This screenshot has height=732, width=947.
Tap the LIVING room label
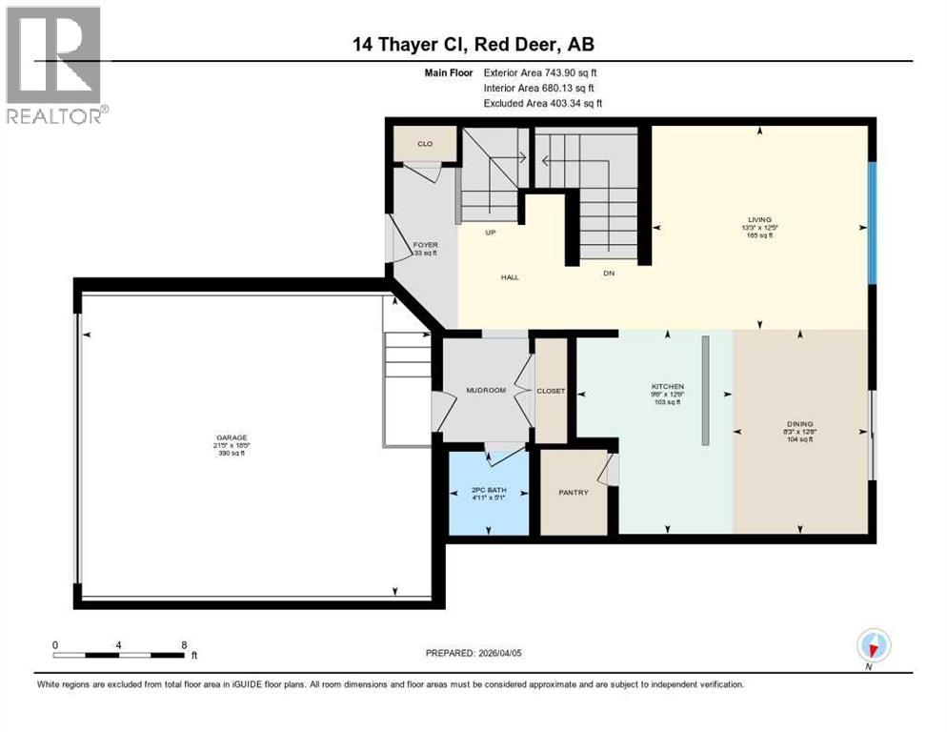(759, 219)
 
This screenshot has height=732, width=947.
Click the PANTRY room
(573, 492)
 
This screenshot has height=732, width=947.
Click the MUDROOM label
(484, 390)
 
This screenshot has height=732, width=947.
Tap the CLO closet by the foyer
(424, 144)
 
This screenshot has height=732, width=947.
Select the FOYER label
(425, 245)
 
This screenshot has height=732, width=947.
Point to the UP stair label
(492, 232)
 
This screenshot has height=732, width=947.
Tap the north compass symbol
(873, 646)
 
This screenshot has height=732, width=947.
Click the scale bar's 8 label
(183, 644)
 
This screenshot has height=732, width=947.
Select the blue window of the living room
(871, 222)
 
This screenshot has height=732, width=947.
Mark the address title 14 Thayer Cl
(473, 45)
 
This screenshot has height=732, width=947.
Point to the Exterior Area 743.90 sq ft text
(540, 71)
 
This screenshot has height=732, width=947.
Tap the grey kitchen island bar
(704, 390)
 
